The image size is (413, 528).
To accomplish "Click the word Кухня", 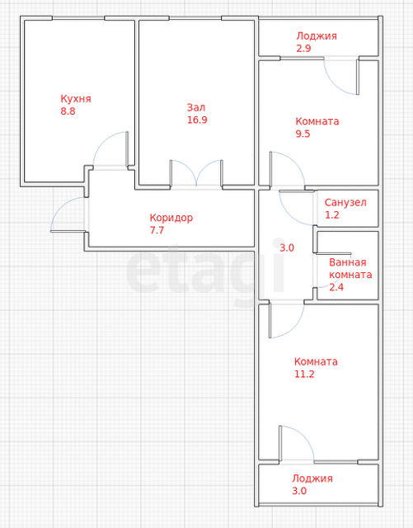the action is coord(76,99).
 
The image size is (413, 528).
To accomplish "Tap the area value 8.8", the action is coord(68,111).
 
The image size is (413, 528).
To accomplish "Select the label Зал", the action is coord(196,107).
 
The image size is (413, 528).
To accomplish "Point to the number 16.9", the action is coord(197,120).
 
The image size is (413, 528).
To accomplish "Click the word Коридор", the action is coord(171,218).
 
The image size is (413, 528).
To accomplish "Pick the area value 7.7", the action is coord(157,230).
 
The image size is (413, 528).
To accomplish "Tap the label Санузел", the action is coord(345,202).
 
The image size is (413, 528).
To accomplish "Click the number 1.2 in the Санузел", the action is coord(332,214).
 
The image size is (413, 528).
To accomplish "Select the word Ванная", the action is coord(348,262).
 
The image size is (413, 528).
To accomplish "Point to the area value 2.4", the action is coord(336,287).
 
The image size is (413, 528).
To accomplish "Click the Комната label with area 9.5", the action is coord(317,121).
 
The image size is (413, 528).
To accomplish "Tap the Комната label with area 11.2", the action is coord(316,361).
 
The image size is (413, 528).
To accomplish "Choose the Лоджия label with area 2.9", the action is coord(317,36).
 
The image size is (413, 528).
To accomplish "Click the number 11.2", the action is coord(304,374).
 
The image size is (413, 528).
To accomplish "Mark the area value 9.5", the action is coord(303,134).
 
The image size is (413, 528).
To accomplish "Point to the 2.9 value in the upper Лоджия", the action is coord(303,49).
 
